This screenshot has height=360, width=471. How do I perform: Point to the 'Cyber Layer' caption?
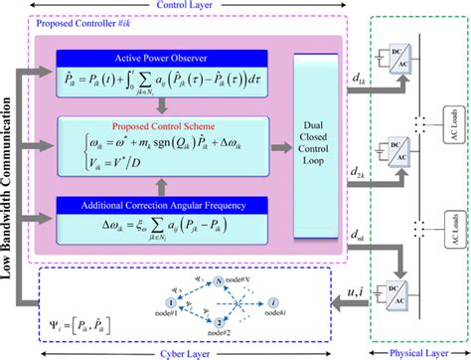coord(177,351)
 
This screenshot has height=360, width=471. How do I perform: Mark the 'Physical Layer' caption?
coord(416,351)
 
